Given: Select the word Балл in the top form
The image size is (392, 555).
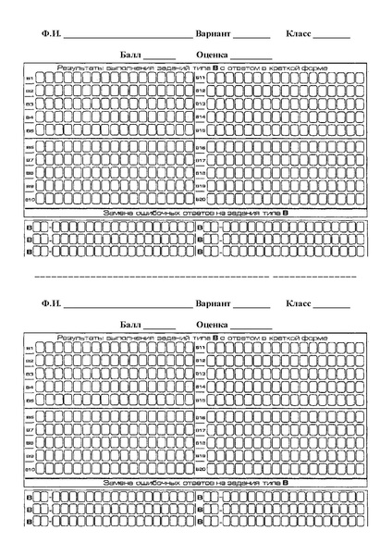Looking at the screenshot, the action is [x=131, y=55].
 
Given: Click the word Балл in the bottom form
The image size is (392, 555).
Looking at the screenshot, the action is [x=131, y=325].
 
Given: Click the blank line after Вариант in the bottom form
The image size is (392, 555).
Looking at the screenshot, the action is [x=251, y=307].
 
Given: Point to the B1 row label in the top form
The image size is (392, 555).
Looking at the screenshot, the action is [x=30, y=78].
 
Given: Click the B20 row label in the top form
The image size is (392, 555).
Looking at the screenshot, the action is [x=200, y=200].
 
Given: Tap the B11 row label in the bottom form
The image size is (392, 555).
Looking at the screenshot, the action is [x=200, y=348].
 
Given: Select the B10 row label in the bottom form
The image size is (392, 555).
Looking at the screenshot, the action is [x=30, y=470].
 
